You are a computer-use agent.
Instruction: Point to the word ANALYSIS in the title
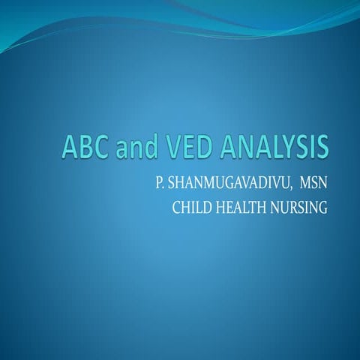(x=271, y=147)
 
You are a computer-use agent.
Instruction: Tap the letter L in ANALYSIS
(x=274, y=147)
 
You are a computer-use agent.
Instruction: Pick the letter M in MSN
(x=302, y=185)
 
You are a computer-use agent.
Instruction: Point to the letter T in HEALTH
(x=250, y=207)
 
